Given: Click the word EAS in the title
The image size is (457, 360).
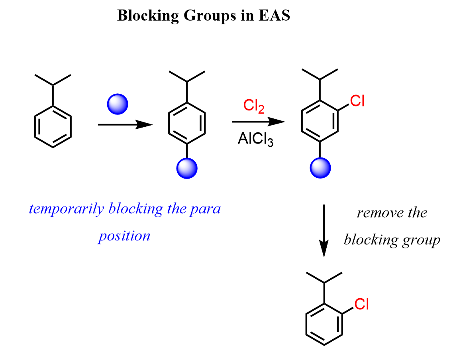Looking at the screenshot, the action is (274, 16).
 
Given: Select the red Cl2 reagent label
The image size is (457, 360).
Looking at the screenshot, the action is (253, 106).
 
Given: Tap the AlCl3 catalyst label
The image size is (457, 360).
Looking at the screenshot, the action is (256, 139).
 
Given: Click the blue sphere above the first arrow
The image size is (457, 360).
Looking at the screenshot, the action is (118, 104).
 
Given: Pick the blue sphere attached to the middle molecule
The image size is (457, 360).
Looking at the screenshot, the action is (187, 168).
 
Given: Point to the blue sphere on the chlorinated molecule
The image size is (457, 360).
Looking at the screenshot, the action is (320, 168).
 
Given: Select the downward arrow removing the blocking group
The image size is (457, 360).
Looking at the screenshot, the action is (324, 231).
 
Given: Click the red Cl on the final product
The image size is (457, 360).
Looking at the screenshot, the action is (361, 304).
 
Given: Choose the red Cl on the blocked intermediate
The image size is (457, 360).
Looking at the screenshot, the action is (357, 101).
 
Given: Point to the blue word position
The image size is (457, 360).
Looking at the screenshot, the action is (124, 236).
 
